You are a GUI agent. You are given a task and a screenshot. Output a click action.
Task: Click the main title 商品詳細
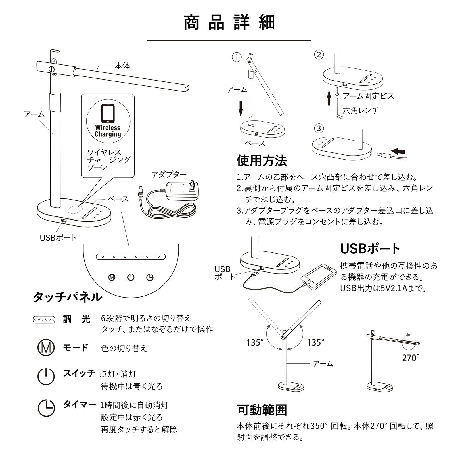229,23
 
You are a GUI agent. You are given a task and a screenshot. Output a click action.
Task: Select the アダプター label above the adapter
169,175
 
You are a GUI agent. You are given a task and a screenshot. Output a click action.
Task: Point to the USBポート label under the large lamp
58,238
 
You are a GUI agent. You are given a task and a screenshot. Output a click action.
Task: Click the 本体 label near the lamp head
122,66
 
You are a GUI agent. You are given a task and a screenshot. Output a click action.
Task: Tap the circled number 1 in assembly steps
237,57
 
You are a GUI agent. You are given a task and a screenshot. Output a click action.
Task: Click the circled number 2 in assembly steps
319,55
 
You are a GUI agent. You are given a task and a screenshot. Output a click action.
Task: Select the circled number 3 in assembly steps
319,128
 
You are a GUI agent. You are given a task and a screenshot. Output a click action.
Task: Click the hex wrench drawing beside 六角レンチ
338,108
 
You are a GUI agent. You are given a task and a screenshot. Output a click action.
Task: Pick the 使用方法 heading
262,160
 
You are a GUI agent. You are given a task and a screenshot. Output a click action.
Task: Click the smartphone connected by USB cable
318,277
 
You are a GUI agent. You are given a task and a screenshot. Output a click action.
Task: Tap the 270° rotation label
410,358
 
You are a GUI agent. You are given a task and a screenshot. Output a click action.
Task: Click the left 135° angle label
255,343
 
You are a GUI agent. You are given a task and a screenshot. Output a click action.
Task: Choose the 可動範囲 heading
262,410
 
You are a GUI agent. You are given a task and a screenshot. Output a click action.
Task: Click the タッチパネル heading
68,297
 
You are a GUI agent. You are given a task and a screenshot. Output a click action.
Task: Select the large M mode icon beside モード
46,348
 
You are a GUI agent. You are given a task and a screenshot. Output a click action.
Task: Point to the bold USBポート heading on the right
370,249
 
